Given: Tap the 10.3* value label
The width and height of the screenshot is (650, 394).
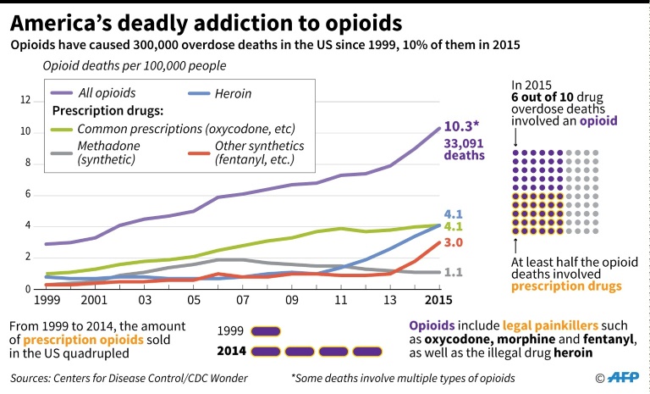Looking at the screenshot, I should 463,125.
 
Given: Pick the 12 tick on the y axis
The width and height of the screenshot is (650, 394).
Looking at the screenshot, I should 25,101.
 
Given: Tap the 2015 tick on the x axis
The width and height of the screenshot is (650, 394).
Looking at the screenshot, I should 438,300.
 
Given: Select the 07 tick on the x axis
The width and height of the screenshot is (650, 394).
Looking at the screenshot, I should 242,300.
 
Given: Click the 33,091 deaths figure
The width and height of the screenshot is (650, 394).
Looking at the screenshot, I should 465,149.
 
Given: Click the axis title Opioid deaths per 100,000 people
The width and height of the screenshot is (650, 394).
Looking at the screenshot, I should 134,64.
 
